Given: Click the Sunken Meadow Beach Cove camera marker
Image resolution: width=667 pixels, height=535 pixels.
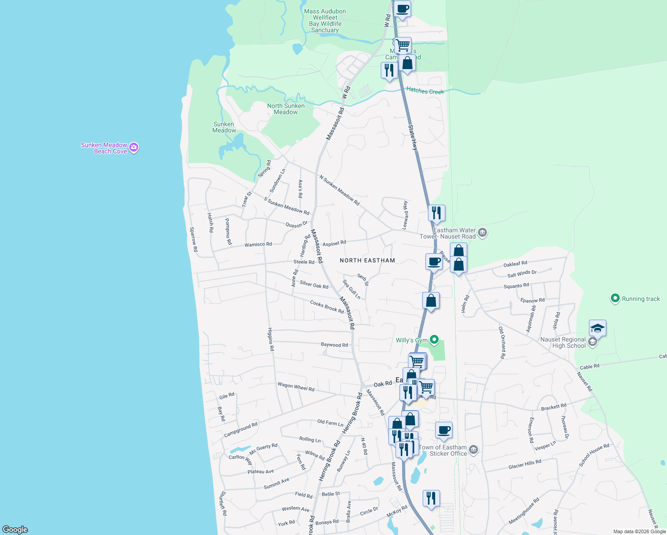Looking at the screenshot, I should pyautogui.click(x=134, y=148).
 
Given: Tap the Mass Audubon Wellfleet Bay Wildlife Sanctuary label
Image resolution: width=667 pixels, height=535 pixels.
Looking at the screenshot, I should pyautogui.click(x=325, y=21).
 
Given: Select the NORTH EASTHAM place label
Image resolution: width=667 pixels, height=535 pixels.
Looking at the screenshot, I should pyautogui.click(x=367, y=260).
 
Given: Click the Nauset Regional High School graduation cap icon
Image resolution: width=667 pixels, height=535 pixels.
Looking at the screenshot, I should pyautogui.click(x=597, y=329).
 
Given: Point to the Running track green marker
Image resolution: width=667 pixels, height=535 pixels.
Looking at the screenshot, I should pyautogui.click(x=615, y=299).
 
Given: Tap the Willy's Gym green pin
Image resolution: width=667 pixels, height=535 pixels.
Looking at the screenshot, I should pyautogui.click(x=434, y=341).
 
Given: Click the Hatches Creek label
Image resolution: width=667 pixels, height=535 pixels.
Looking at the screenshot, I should pyautogui.click(x=425, y=91).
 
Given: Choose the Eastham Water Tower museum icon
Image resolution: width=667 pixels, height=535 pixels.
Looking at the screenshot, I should pyautogui.click(x=482, y=233).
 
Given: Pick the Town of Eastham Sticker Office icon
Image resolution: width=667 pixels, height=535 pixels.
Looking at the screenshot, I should pyautogui.click(x=473, y=450).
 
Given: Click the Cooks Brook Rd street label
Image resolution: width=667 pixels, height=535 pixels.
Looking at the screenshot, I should pyautogui.click(x=327, y=307).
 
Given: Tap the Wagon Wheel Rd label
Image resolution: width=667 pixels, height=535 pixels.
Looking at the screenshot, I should pyautogui.click(x=296, y=387).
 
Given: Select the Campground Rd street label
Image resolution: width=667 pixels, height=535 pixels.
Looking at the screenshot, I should pyautogui.click(x=241, y=429).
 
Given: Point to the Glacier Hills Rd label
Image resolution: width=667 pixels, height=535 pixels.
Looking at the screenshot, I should pyautogui.click(x=525, y=464).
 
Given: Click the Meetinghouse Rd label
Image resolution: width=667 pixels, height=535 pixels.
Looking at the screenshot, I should pyautogui.click(x=524, y=511).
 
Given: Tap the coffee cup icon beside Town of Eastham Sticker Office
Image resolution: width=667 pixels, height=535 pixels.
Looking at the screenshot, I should pyautogui.click(x=444, y=430).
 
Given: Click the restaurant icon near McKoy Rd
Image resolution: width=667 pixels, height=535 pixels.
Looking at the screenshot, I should pyautogui.click(x=431, y=498).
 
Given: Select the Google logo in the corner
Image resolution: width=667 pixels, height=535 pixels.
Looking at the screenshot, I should pyautogui.click(x=15, y=530).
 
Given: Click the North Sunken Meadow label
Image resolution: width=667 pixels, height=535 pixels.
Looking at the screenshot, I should pyautogui.click(x=286, y=109).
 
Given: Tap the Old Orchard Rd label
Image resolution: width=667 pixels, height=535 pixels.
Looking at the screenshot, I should pyautogui.click(x=502, y=342).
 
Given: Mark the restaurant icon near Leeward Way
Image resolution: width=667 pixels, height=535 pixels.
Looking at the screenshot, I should pyautogui.click(x=436, y=213).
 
